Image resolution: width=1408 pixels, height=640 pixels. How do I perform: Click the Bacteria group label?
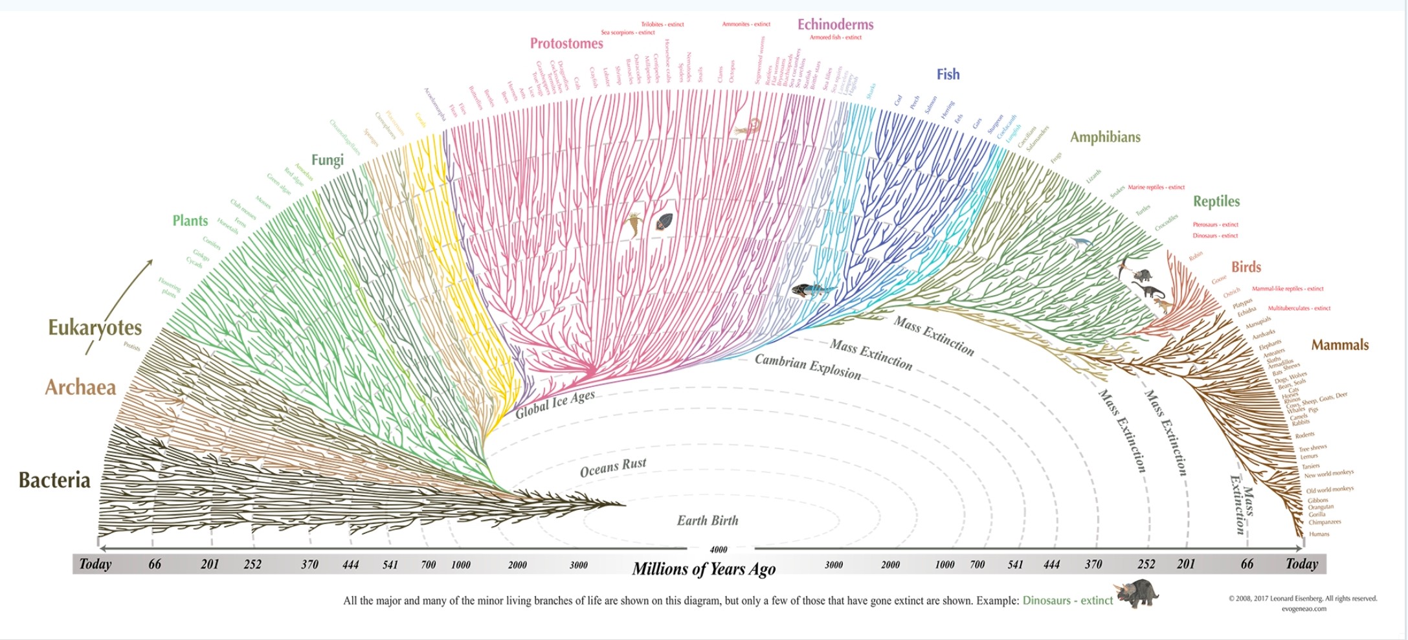click(x=54, y=480)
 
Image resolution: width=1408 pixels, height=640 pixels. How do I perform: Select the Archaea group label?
click(x=80, y=387)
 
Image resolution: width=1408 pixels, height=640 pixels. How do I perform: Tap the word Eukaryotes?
click(x=95, y=327)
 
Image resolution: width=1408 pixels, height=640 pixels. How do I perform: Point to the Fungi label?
click(x=327, y=160)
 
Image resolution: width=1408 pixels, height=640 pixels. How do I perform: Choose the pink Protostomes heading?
click(x=566, y=43)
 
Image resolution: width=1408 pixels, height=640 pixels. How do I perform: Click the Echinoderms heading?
click(x=835, y=25)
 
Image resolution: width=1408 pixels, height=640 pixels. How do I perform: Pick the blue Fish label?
click(x=948, y=74)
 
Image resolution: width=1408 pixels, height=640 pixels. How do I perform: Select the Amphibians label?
click(x=1104, y=137)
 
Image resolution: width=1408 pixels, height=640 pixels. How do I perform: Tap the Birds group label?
click(x=1246, y=267)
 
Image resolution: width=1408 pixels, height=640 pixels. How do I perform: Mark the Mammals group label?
click(x=1339, y=345)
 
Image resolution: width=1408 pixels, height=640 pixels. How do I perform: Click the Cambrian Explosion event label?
click(x=808, y=367)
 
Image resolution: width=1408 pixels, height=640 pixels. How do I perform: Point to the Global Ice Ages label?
click(x=555, y=404)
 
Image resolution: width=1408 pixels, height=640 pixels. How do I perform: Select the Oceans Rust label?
click(x=612, y=467)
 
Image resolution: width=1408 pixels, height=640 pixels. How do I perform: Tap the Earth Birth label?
click(x=707, y=520)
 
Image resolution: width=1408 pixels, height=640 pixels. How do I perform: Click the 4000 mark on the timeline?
click(x=719, y=549)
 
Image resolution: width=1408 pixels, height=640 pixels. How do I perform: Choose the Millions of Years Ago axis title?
click(x=704, y=569)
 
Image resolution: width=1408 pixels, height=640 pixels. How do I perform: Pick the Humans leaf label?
click(x=1319, y=534)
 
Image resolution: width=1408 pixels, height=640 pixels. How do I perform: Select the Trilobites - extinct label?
click(x=662, y=25)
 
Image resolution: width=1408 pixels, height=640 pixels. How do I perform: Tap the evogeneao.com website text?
click(x=1304, y=608)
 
